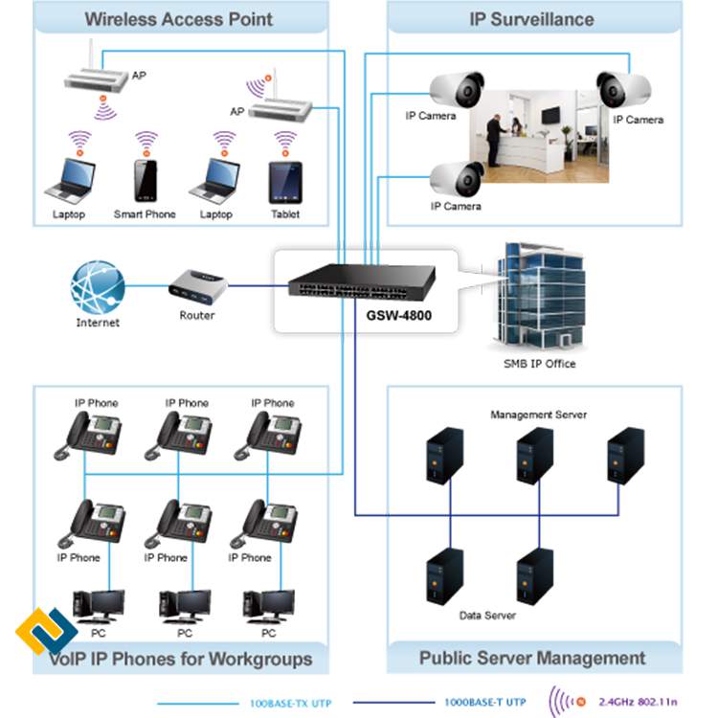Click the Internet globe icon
click(x=98, y=286)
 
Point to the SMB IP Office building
click(x=542, y=296)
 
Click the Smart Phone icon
click(x=146, y=180)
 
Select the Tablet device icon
click(x=284, y=180)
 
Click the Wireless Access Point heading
click(x=179, y=19)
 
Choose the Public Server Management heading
click(x=532, y=659)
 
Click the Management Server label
click(x=538, y=415)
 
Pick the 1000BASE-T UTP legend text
click(x=484, y=703)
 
